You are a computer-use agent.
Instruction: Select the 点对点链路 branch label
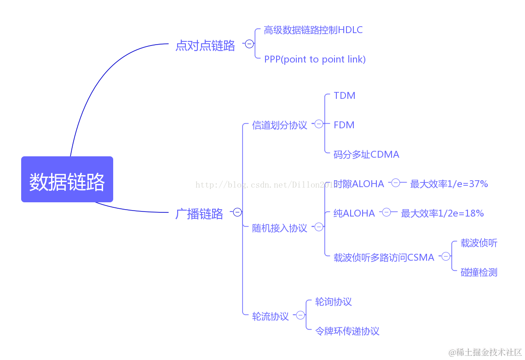[205, 46]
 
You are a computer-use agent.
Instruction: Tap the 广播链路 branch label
[199, 214]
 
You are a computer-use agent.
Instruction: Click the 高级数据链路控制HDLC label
[313, 30]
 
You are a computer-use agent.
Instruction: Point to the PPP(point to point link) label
[315, 59]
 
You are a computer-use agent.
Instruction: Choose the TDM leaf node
[344, 96]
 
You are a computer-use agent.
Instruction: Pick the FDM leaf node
[344, 125]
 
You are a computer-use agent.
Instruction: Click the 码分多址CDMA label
[366, 154]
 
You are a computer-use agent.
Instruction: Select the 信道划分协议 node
[279, 125]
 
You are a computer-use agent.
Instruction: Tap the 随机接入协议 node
[279, 228]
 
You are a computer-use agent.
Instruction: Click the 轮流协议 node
[271, 316]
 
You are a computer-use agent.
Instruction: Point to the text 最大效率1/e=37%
[449, 184]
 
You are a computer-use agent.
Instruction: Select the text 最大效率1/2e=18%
[442, 213]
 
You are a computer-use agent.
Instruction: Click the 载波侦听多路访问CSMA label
[384, 257]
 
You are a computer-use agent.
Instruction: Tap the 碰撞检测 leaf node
[479, 272]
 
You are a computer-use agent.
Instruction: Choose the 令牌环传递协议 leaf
[347, 331]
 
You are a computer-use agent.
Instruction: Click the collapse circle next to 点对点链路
[249, 44]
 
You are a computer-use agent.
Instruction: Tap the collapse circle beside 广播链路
[237, 212]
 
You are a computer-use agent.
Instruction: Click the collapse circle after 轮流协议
[300, 315]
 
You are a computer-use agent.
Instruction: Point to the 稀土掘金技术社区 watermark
[485, 352]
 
